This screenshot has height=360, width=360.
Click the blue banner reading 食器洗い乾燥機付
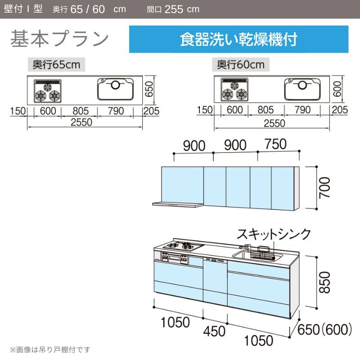(x=238, y=39)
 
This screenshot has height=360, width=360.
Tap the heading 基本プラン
(x=59, y=38)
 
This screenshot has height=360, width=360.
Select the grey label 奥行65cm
(x=57, y=64)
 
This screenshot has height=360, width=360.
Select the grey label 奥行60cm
(x=241, y=64)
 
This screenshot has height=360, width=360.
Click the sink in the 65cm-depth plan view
(x=115, y=89)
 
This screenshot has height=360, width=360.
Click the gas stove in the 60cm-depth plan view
(x=234, y=90)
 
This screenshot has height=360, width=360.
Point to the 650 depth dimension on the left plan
(x=149, y=89)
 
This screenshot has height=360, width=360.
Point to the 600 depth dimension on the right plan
(x=337, y=89)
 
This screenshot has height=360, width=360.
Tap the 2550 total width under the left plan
(x=81, y=122)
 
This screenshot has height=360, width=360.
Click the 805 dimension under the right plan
(x=265, y=110)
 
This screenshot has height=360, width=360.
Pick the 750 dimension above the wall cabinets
(x=275, y=144)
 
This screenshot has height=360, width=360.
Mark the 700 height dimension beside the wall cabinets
(x=324, y=188)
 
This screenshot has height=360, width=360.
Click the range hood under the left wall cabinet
(x=178, y=204)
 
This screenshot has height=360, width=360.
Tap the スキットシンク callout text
(x=274, y=234)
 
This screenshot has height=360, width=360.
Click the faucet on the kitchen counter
(x=245, y=247)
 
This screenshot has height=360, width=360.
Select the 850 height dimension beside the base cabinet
(x=324, y=283)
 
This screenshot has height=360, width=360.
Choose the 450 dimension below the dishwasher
(x=214, y=331)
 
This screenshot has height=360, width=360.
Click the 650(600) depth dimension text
(x=324, y=329)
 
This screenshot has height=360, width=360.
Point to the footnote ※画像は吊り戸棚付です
(x=50, y=350)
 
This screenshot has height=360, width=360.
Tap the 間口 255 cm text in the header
(x=173, y=9)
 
